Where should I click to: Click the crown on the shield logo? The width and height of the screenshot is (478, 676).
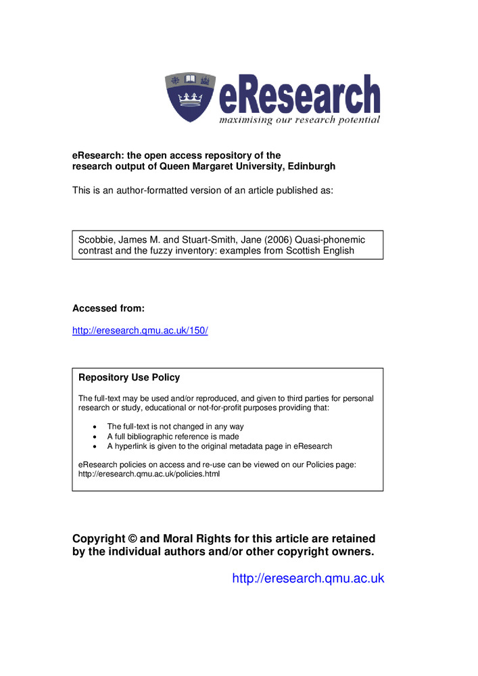point(191,101)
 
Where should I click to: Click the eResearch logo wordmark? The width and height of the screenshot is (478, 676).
point(299,95)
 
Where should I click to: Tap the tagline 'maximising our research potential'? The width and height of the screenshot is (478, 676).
point(299,120)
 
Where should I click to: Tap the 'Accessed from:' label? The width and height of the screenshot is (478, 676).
point(108,308)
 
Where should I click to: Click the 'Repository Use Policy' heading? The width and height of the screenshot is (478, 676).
point(129,377)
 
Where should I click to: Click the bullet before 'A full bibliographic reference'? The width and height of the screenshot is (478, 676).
point(94,437)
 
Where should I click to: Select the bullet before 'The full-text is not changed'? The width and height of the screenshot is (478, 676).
point(94,427)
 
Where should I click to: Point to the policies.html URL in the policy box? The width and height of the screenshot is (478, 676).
point(149,474)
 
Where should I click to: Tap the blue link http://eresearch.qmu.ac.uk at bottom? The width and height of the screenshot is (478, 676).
point(308,578)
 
